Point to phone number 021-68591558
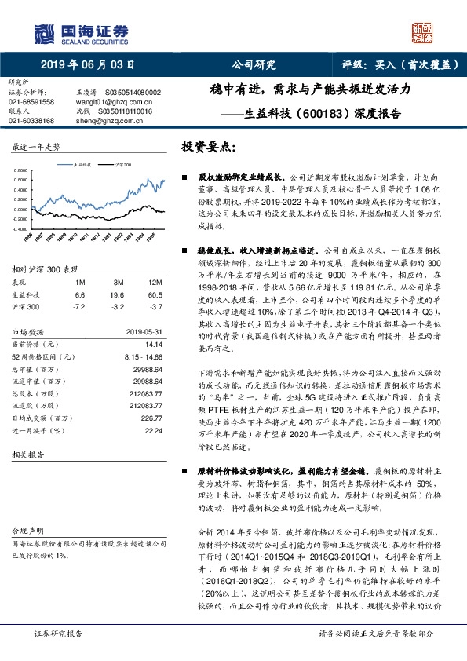point(31,101)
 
